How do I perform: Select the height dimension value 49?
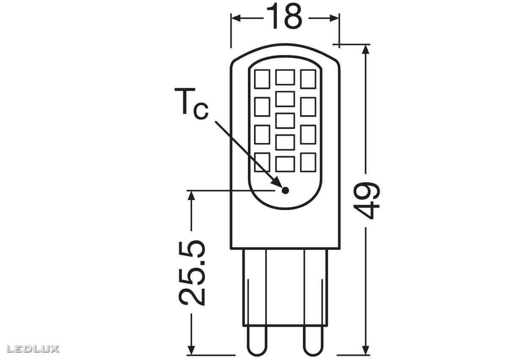[x=367, y=200]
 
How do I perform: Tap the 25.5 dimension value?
[x=193, y=273]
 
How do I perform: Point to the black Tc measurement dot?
[x=285, y=190]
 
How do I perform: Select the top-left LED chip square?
[x=262, y=79]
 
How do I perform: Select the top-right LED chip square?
[x=308, y=79]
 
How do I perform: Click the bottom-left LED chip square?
[x=262, y=162]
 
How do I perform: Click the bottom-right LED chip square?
[x=308, y=162]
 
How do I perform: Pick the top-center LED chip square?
[x=285, y=78]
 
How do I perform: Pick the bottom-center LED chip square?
[x=285, y=163]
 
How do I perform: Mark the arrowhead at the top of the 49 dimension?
[x=367, y=49]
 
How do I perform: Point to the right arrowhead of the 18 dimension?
[x=334, y=18]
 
